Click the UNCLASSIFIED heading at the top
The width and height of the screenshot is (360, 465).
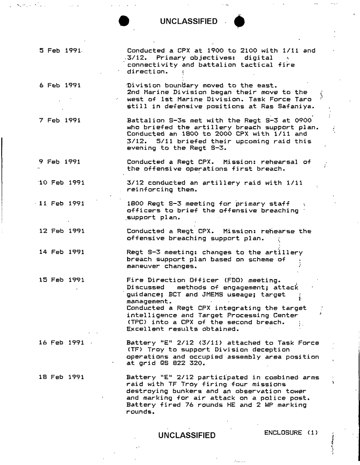[189, 21]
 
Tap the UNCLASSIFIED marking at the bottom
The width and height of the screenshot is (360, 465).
[186, 435]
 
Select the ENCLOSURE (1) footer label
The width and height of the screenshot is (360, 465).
[291, 433]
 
